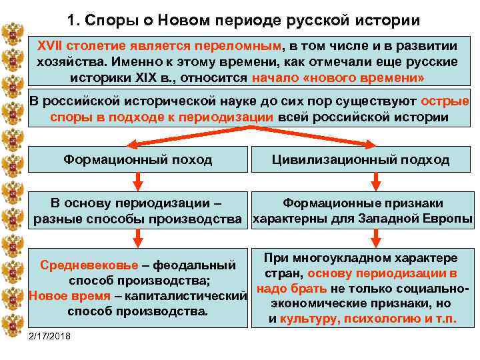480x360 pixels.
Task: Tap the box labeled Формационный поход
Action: click(137, 159)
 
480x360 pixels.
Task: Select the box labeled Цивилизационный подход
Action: click(361, 159)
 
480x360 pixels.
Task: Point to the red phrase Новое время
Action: click(67, 295)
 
